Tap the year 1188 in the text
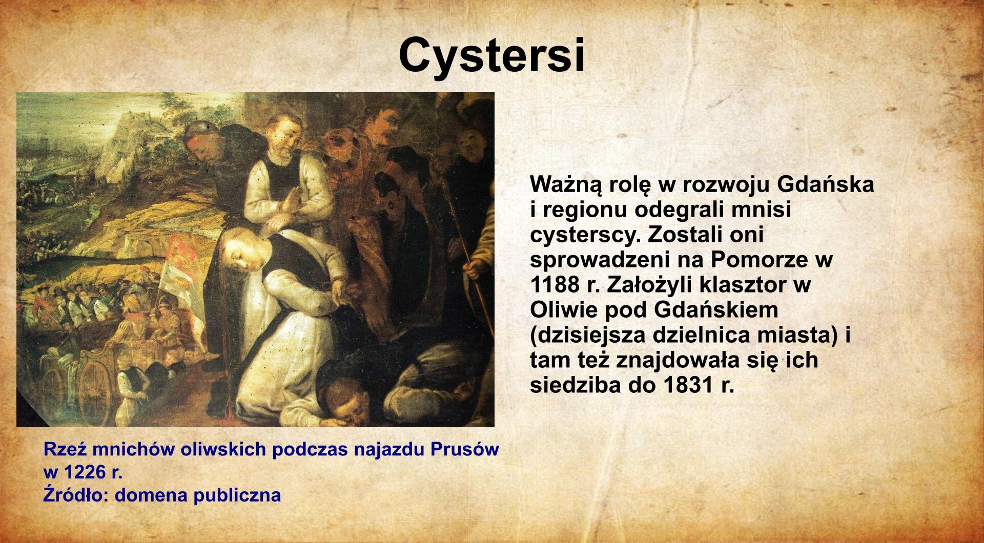pyautogui.click(x=558, y=285)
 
